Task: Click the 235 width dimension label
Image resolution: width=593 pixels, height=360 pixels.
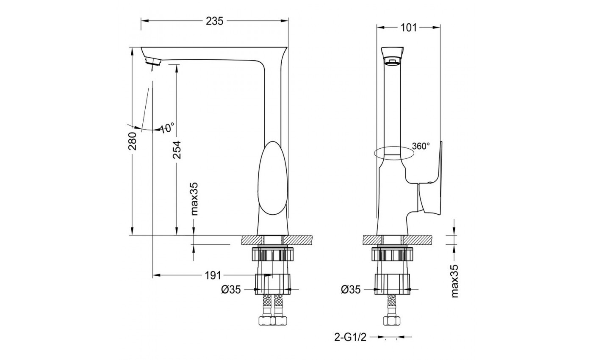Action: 215,21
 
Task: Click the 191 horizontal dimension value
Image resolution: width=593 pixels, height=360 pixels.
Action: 213,276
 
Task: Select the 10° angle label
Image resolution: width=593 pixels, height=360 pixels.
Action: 167,127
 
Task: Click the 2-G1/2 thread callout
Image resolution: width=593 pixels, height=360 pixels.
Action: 349,338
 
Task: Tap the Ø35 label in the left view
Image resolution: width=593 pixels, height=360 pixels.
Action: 231,290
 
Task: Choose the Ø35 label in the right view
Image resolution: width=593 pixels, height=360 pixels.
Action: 351,290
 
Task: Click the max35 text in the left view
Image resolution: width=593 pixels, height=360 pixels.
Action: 194,199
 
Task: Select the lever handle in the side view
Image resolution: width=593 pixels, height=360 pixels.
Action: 432,178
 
